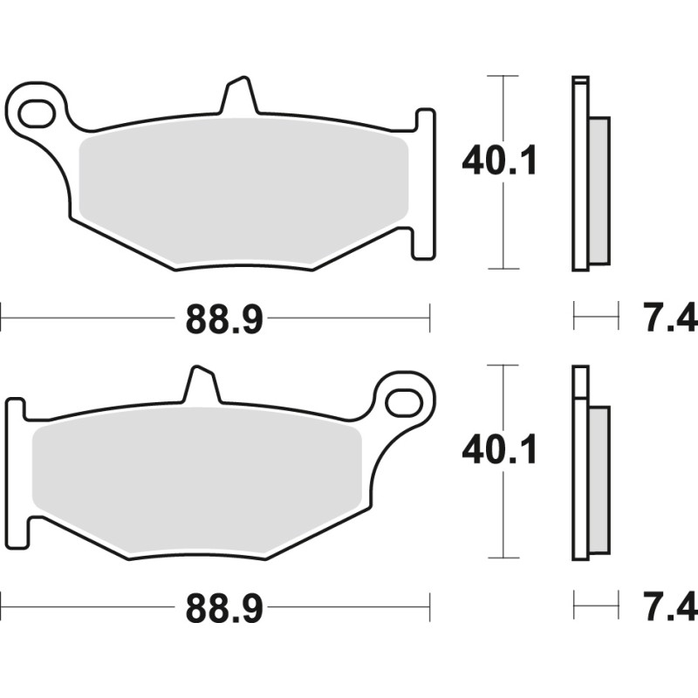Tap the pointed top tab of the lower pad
pos(199,384)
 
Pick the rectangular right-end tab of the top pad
pos(423,183)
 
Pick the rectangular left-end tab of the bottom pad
pos(15,471)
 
